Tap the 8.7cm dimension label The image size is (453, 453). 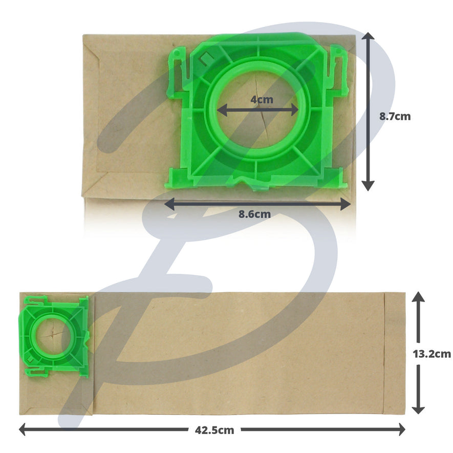coord(395,116)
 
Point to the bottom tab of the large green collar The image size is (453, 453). coord(254,184)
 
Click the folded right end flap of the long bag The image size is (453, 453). coord(394,353)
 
